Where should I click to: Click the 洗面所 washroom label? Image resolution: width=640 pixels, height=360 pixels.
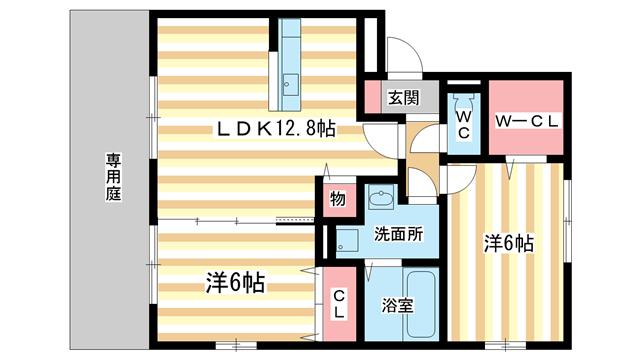click(x=399, y=235)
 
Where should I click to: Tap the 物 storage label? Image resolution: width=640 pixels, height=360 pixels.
click(x=338, y=199)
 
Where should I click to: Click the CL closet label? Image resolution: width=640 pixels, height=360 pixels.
click(x=339, y=304)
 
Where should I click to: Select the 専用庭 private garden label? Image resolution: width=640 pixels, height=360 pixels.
click(x=111, y=177)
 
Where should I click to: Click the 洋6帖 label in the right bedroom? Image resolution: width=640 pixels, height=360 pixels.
click(x=509, y=243)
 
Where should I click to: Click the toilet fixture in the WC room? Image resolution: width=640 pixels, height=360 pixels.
click(x=464, y=101)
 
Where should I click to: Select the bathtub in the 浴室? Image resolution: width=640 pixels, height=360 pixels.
click(x=410, y=303)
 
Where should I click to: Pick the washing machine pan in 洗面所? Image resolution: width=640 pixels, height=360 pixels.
click(x=349, y=241)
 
